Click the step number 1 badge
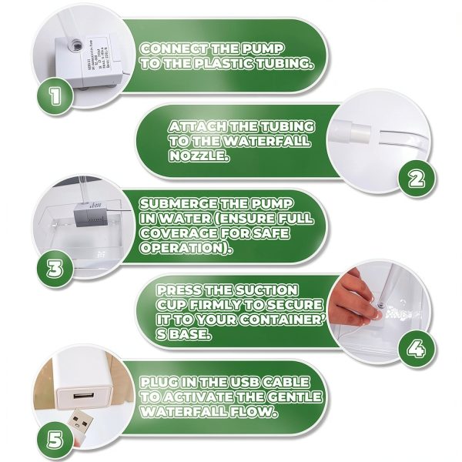point(54,98)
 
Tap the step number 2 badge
point(415,179)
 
